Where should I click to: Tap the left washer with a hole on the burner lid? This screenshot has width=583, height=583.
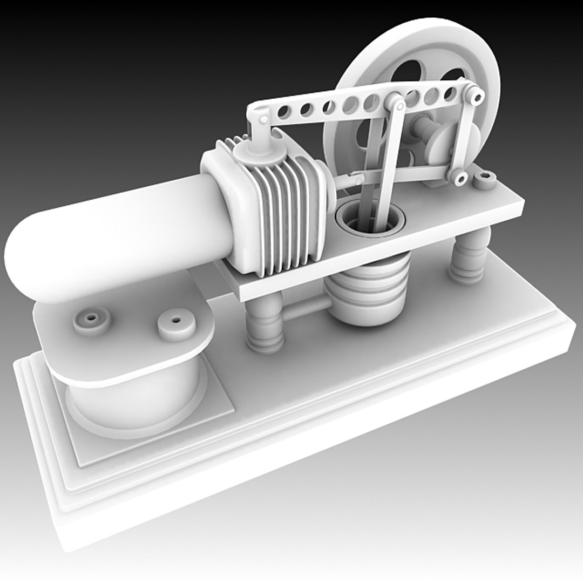click(91, 320)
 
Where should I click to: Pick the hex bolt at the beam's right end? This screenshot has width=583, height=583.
click(476, 97)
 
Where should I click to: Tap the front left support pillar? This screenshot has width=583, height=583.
click(265, 324)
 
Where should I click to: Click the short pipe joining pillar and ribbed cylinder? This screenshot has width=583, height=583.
click(305, 309)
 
